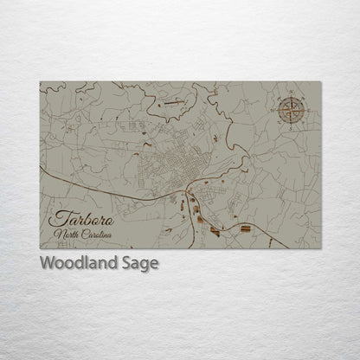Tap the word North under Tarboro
coord(66,235)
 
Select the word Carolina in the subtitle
coord(96,235)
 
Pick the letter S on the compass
coord(292,125)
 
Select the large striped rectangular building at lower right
coord(246,228)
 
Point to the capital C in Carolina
coord(83,235)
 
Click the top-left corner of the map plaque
coord(40,82)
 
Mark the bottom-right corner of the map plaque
coord(321,249)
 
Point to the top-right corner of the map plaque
coord(321,82)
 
